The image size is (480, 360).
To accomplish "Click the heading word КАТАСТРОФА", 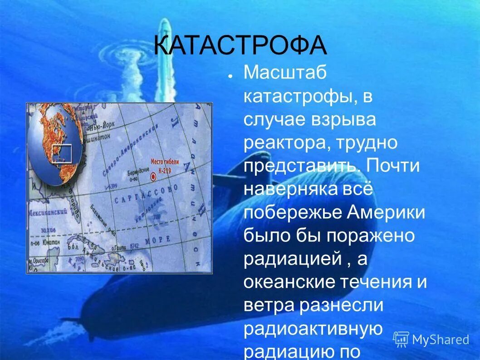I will (x=240, y=45).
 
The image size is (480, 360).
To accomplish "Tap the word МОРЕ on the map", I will (x=158, y=239).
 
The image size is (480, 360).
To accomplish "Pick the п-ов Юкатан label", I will (x=47, y=243).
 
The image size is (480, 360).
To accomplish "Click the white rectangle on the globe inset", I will (x=62, y=153).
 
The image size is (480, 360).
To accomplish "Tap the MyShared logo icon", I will (x=401, y=339).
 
